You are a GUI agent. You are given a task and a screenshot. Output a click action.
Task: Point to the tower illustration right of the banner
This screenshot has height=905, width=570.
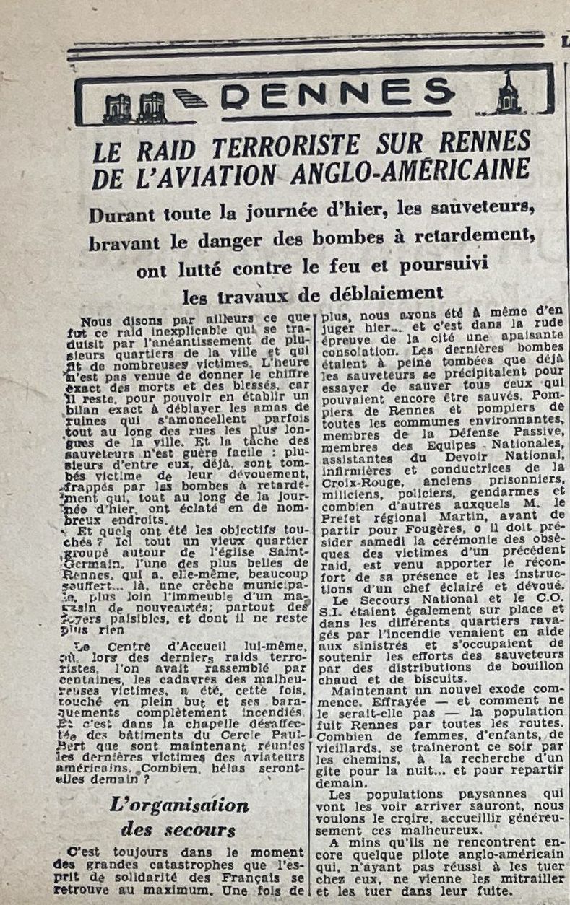(508, 94)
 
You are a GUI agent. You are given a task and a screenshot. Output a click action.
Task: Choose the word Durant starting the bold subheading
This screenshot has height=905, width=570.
(118, 215)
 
